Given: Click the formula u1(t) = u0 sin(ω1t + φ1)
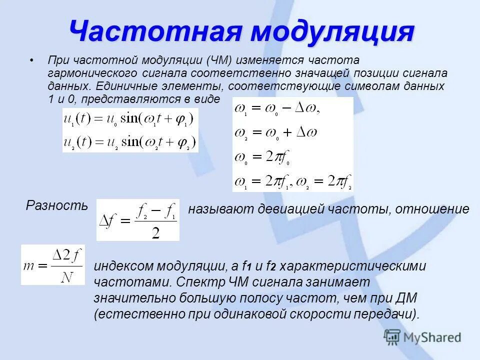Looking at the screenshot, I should click(x=130, y=119).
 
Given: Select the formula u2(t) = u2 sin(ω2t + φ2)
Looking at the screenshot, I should click(x=130, y=141).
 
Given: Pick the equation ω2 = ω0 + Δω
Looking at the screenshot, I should click(x=276, y=133).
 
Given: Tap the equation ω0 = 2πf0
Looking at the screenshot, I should click(x=263, y=156).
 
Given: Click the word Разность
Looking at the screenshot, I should click(x=56, y=205).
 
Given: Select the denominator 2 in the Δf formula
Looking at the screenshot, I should click(x=155, y=233).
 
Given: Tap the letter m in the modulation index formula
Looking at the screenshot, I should click(x=28, y=265).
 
